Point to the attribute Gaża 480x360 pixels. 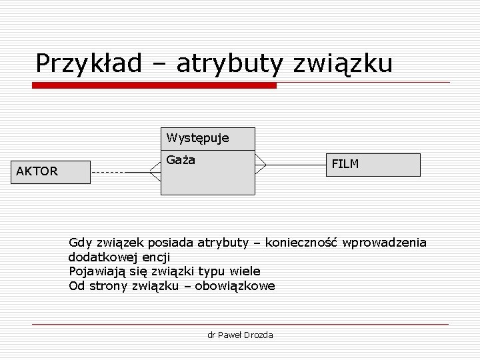coord(181,161)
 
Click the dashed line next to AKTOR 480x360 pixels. coord(107,172)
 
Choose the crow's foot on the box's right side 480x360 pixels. coord(261,165)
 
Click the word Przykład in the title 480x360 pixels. coord(89,64)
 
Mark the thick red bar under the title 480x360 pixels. coord(155,85)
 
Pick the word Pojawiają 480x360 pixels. coord(97,271)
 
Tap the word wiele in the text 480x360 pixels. coord(245,271)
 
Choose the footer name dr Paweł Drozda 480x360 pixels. coord(240,335)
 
